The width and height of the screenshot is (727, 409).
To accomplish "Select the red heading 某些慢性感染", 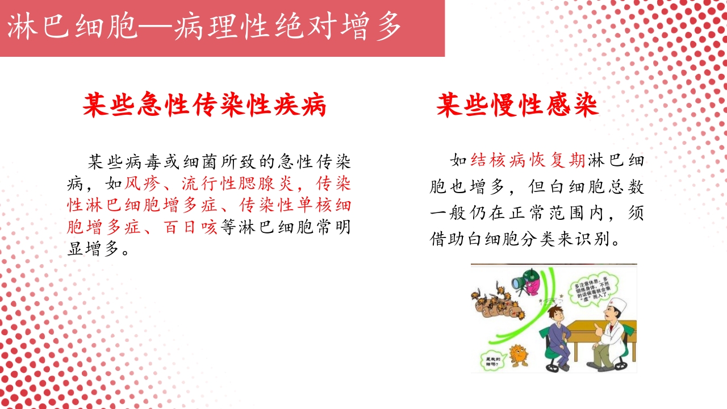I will click(517, 105).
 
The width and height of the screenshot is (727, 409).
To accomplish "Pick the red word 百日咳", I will click(190, 228).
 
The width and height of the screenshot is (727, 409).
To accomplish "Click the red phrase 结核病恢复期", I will click(528, 161).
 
